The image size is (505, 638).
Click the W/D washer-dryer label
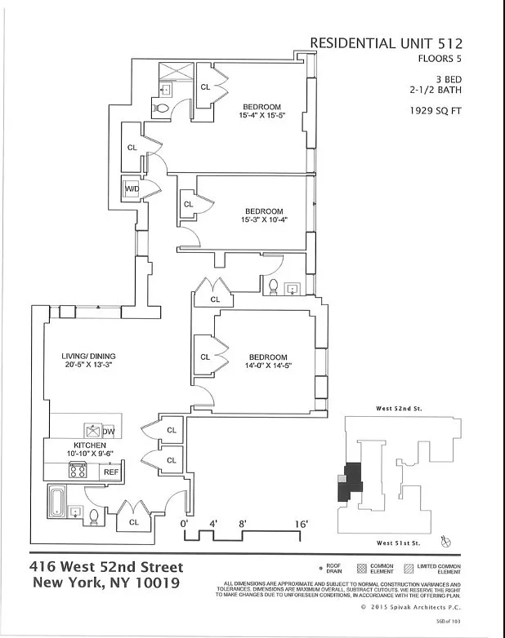[132, 189]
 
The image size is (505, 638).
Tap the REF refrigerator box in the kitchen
[110, 472]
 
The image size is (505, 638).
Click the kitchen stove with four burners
[78, 470]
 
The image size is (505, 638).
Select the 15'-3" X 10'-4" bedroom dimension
[264, 220]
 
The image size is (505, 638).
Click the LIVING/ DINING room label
[88, 357]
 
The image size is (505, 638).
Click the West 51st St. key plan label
[399, 543]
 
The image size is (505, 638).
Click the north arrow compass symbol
[446, 540]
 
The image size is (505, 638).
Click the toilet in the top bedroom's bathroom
[163, 109]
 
